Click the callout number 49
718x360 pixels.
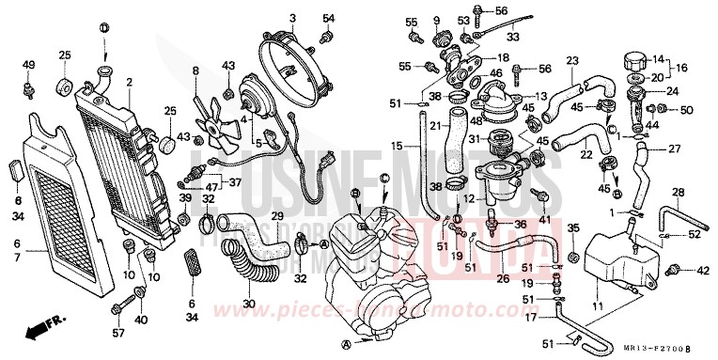27,65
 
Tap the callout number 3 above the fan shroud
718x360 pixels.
292,18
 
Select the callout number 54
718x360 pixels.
328,18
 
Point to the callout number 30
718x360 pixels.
248,303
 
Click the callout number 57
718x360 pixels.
117,334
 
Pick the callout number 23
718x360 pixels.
570,62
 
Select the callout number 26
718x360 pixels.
502,278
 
